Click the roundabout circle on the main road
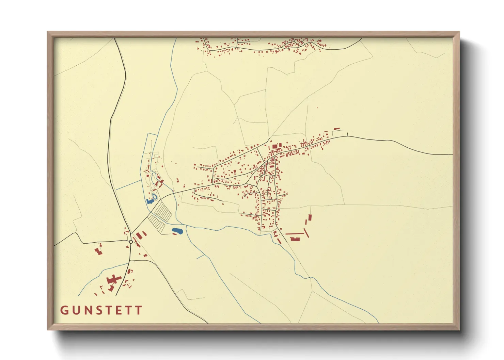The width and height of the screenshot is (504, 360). click(131, 242)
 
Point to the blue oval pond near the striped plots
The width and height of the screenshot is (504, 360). click(177, 231)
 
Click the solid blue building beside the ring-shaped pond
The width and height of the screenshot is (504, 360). click(149, 201)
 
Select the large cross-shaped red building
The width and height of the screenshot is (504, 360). click(114, 280)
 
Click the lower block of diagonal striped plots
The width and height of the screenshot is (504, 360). click(157, 224)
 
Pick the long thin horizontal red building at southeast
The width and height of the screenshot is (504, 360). click(295, 234)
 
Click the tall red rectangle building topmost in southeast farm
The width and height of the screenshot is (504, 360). click(310, 217)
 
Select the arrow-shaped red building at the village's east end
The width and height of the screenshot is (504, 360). click(337, 129)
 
